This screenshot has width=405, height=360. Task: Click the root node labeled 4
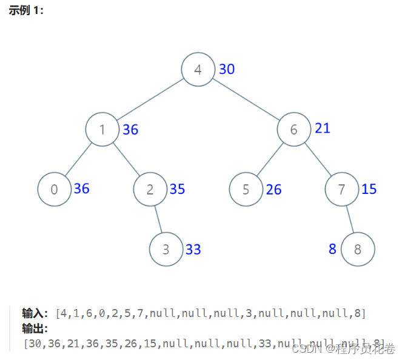coord(198,69)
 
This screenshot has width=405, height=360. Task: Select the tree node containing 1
coord(102,129)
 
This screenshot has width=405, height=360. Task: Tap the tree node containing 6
coord(294,129)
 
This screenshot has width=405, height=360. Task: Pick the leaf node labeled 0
coord(55,189)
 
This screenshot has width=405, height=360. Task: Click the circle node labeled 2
coord(150,189)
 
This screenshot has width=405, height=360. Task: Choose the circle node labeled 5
coord(246,189)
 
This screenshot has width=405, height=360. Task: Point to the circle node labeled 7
coord(342,189)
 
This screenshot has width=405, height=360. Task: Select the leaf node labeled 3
coord(166,249)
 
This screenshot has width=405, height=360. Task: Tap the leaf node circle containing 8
coord(358,249)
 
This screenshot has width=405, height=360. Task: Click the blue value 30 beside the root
coord(227,69)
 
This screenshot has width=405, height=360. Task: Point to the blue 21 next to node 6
coord(323,128)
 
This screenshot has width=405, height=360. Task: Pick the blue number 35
coord(177,189)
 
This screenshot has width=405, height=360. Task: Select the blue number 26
coord(273,190)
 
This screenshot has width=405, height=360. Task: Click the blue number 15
coord(369,189)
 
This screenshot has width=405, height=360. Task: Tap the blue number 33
coord(193,249)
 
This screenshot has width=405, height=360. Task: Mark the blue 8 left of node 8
coord(332,248)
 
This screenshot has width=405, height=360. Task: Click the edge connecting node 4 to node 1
coord(150,99)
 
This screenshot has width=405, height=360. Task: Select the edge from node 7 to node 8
coord(350,219)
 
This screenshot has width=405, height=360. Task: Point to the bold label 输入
coord(35,313)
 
